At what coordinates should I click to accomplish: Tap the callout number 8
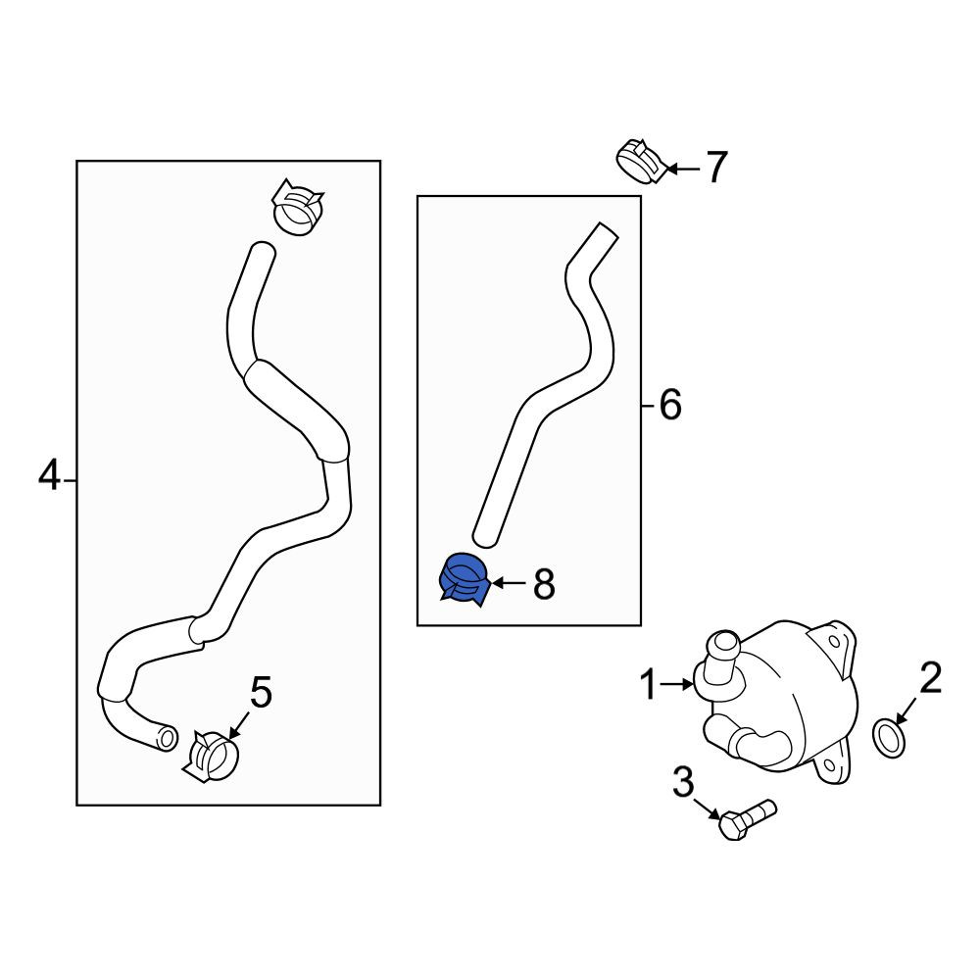[544, 585]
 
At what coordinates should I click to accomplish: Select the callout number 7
[717, 167]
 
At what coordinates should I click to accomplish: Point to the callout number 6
[670, 405]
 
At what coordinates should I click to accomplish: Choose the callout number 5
[262, 693]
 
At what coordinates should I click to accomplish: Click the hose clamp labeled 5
[210, 757]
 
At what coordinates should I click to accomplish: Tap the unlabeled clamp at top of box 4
[298, 208]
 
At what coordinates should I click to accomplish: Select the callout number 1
[649, 684]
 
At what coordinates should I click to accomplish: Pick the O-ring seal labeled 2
[889, 738]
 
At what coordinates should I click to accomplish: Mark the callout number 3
[683, 782]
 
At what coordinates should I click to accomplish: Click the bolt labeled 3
[747, 819]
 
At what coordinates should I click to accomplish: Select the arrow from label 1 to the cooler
[676, 684]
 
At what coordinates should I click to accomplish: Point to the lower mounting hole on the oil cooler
[829, 765]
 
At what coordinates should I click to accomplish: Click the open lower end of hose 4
[168, 738]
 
